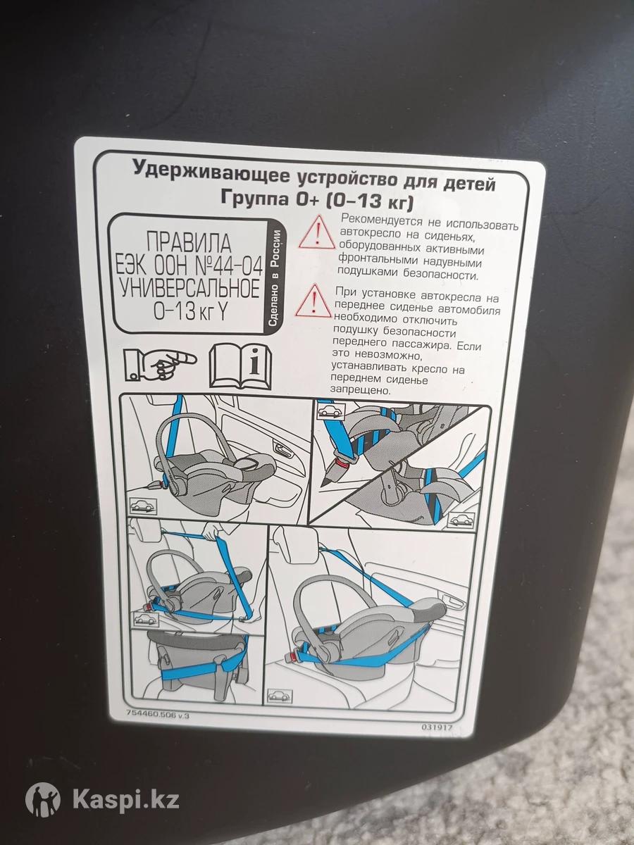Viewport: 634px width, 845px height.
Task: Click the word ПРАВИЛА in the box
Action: [x=189, y=243]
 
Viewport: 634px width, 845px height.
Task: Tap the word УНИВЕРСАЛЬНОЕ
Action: [x=189, y=288]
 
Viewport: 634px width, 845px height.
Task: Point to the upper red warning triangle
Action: [x=317, y=233]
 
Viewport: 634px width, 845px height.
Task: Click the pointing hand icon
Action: [x=159, y=365]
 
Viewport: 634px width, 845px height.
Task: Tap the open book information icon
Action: [x=240, y=365]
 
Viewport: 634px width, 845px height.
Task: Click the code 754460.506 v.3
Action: [x=158, y=715]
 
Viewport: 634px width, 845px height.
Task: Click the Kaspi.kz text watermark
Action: [x=126, y=789]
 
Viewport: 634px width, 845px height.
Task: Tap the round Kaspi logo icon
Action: [x=42, y=789]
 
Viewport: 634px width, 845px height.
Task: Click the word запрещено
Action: [x=361, y=390]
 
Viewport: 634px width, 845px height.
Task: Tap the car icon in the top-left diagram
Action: [x=143, y=505]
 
